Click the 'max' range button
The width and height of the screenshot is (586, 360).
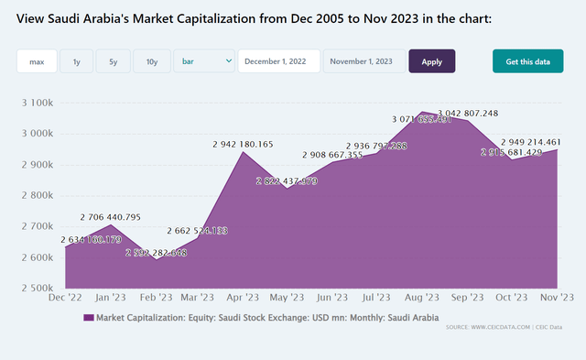tap(37, 61)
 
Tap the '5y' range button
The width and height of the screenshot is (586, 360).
tap(113, 61)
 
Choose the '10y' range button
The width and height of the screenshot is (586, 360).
tap(151, 61)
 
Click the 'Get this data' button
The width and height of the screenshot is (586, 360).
tap(528, 61)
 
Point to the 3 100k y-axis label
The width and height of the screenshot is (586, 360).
tap(39, 103)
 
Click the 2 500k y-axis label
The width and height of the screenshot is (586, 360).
tap(39, 288)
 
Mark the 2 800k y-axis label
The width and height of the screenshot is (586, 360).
tap(39, 195)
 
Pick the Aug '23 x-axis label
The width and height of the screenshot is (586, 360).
tap(422, 298)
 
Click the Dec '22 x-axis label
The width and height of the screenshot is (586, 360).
tap(66, 298)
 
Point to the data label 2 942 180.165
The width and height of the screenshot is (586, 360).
tap(243, 144)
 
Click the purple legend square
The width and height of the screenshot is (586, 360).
tap(88, 318)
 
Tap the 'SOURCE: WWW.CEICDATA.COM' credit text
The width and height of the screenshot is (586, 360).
tap(484, 327)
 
